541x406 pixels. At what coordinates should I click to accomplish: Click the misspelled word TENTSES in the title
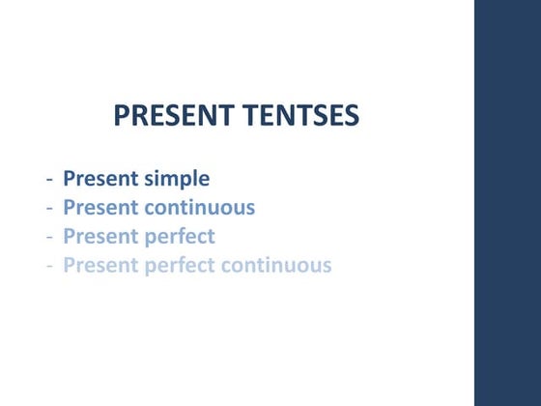(300, 117)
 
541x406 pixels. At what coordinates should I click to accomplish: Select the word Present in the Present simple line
(100, 179)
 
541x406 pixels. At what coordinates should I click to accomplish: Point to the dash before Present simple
(49, 180)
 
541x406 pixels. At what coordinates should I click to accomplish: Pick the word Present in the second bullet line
(100, 207)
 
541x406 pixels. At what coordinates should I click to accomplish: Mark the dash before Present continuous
(49, 208)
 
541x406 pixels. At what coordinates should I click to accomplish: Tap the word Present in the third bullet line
(100, 236)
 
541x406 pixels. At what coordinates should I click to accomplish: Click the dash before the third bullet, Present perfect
(49, 237)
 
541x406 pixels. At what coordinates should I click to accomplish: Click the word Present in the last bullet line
(100, 265)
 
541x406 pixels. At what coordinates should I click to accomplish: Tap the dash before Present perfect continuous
(49, 266)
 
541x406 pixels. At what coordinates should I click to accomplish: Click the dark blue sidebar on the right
(507, 203)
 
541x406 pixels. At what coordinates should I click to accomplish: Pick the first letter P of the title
(122, 117)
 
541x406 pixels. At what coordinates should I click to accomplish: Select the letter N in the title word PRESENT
(204, 117)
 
